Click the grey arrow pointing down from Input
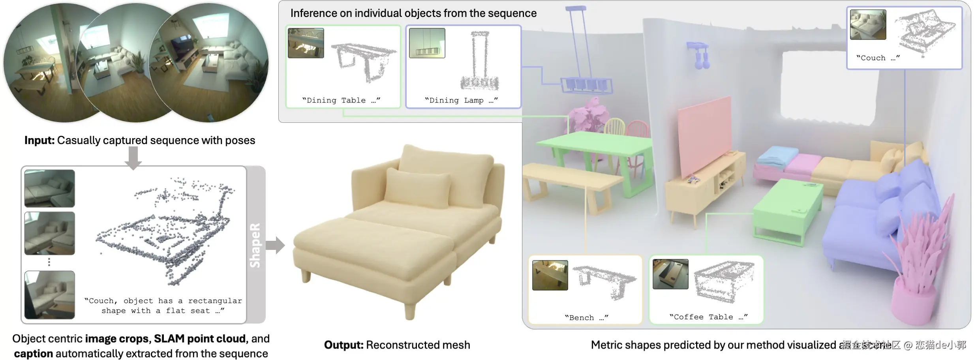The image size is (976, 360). tap(133, 157)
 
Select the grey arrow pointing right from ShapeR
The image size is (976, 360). tap(275, 245)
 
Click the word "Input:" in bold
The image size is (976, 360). tap(39, 141)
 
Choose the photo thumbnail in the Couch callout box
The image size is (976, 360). tap(868, 24)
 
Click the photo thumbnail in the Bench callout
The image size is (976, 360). tap(550, 275)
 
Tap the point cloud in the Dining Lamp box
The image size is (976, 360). tap(479, 61)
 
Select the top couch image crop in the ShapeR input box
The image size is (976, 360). tap(50, 188)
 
